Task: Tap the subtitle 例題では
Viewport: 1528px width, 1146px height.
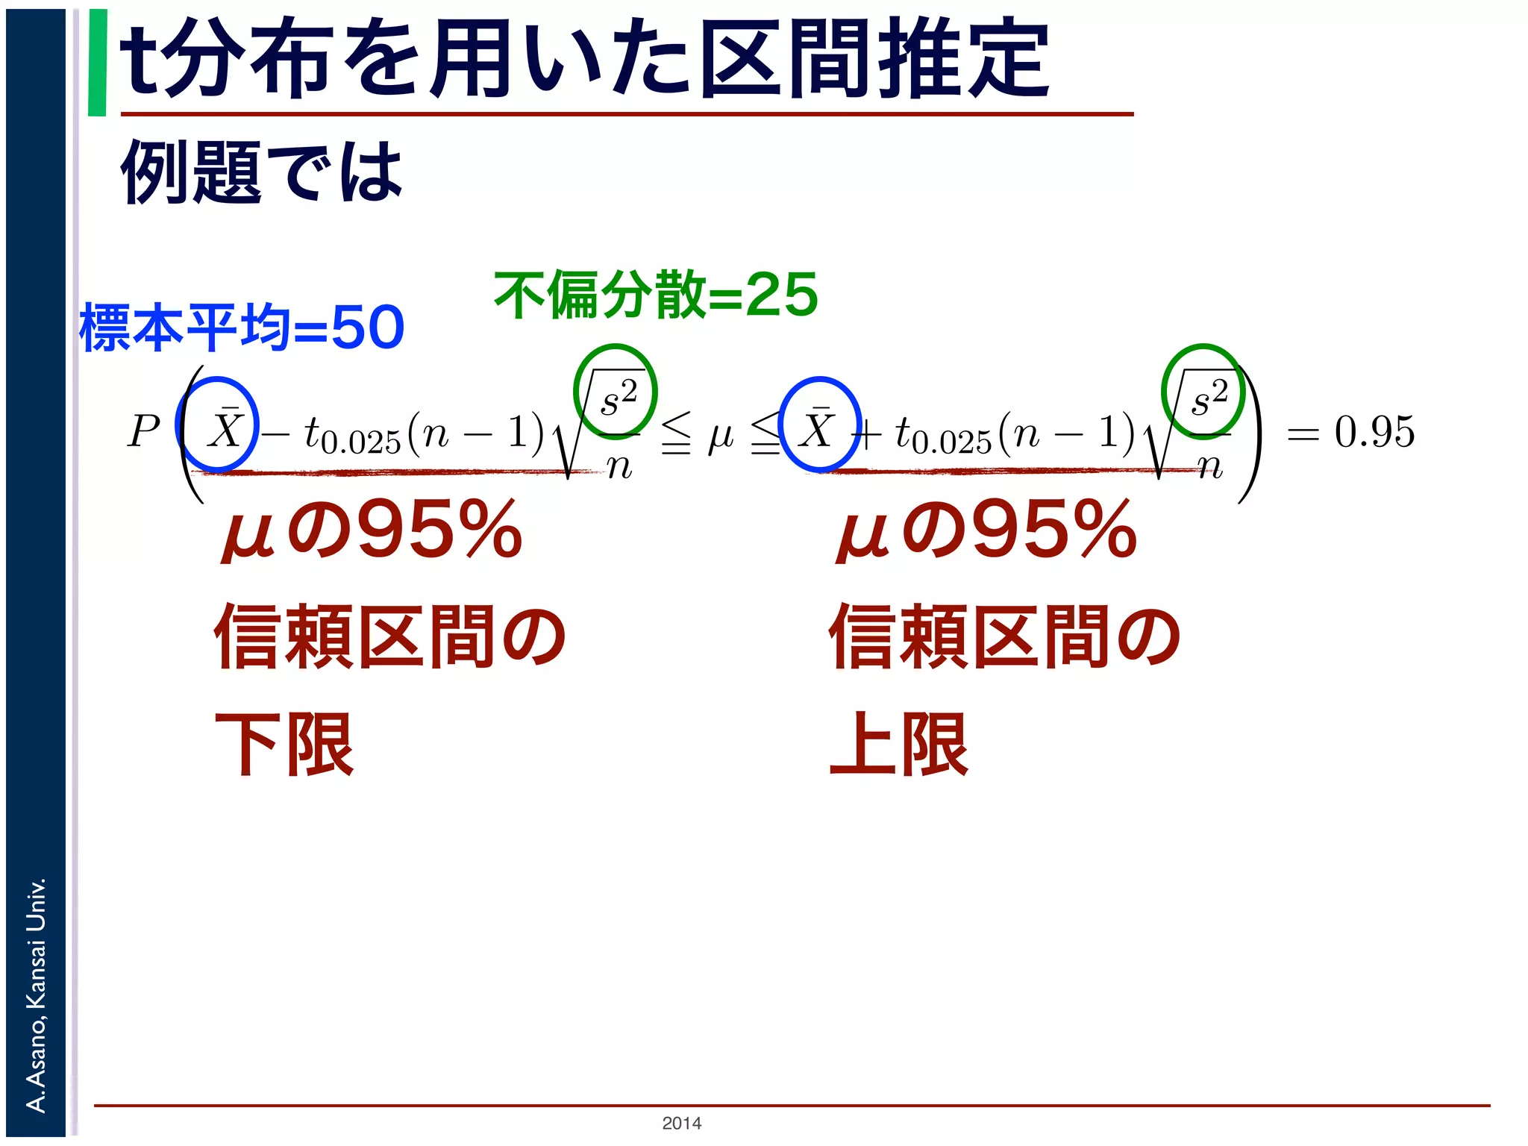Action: click(261, 172)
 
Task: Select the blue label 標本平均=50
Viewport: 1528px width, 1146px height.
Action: click(242, 328)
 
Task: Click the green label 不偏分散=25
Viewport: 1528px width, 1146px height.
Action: click(656, 295)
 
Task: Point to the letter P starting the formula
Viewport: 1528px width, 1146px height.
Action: click(143, 431)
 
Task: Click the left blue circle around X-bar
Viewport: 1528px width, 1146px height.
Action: click(218, 425)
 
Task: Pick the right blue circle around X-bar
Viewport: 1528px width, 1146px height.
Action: click(819, 425)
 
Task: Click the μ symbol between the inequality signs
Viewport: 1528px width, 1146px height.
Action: click(721, 435)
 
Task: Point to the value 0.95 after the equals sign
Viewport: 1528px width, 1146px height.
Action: click(1374, 431)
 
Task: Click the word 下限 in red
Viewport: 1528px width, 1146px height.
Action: click(284, 744)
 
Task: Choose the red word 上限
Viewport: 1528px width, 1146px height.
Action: click(898, 744)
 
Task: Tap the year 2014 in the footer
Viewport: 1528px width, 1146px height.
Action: click(681, 1123)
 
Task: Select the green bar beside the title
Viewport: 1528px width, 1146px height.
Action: click(97, 63)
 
